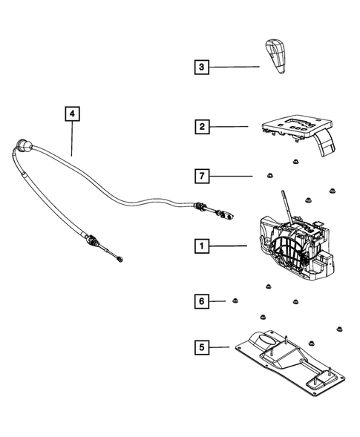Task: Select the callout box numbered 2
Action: coord(200,127)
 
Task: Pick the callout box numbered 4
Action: coord(71,114)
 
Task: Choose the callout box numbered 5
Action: coord(200,346)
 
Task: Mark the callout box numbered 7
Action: coord(200,176)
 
